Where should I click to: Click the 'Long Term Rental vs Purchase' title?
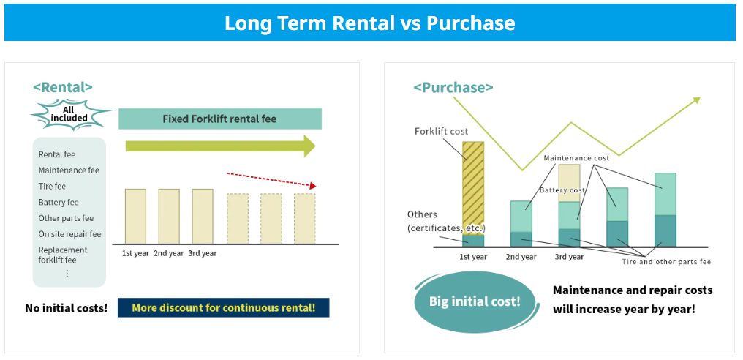[x=369, y=23]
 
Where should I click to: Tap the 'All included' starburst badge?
[x=69, y=114]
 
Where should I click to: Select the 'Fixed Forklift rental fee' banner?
[x=220, y=119]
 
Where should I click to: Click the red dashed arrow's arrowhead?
[x=312, y=186]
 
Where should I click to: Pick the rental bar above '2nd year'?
[x=169, y=217]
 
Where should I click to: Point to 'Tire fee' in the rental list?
[x=52, y=187]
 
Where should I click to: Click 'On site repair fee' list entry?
[x=69, y=234]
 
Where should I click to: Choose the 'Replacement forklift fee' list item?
[x=63, y=255]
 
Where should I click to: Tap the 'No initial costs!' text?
[x=67, y=308]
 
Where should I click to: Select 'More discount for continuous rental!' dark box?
[x=223, y=307]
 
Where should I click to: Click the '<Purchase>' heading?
[x=453, y=88]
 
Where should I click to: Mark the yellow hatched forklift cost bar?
[x=473, y=188]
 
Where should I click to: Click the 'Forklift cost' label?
[x=441, y=132]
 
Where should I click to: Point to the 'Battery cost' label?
[x=562, y=190]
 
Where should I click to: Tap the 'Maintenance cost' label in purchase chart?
[x=576, y=157]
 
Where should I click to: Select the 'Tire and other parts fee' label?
[x=667, y=262]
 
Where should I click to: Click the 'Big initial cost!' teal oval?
[x=475, y=301]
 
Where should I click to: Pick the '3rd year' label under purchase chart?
[x=569, y=257]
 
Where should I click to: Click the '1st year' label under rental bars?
[x=135, y=253]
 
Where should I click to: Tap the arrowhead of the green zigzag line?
[x=696, y=100]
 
